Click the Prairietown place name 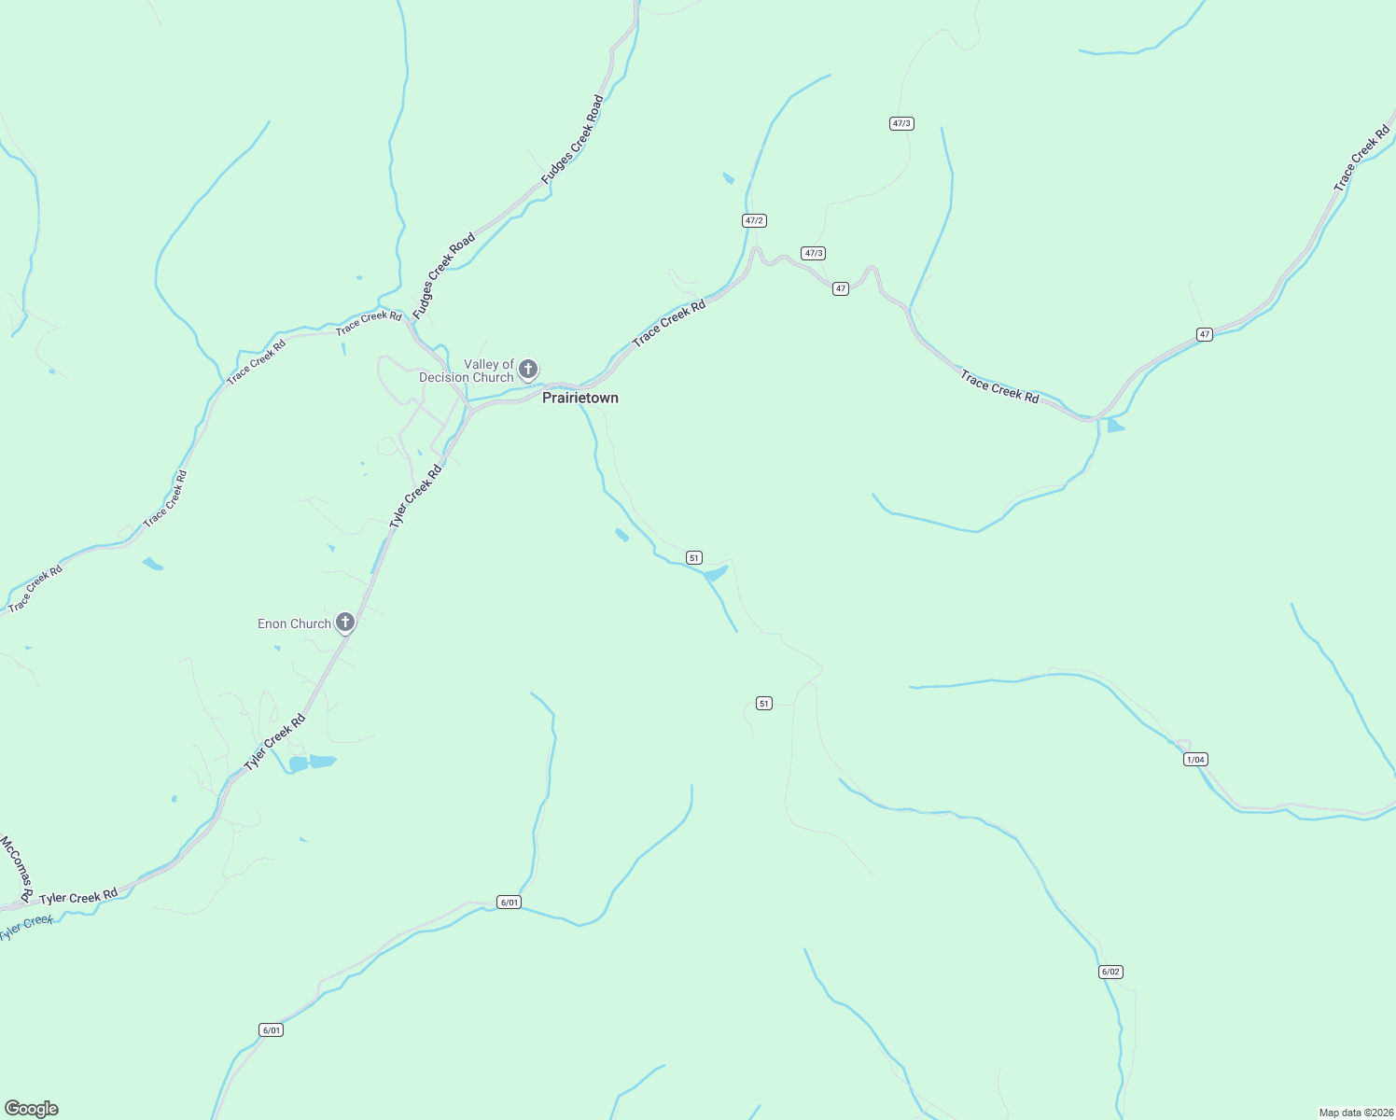580,398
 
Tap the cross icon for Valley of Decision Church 528,369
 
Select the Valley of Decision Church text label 467,371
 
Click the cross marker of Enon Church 345,622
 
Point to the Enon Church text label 294,623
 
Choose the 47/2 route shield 754,220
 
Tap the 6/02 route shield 1110,972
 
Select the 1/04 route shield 1195,759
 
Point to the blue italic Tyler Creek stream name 26,927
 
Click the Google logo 32,1109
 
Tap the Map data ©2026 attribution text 1355,1113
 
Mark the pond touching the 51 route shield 716,573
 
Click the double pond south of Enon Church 312,763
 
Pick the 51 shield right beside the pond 693,557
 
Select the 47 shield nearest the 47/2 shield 841,288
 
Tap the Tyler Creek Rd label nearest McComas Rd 78,896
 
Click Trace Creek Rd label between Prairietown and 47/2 668,324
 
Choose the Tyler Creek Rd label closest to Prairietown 415,497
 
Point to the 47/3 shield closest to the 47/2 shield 813,253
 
